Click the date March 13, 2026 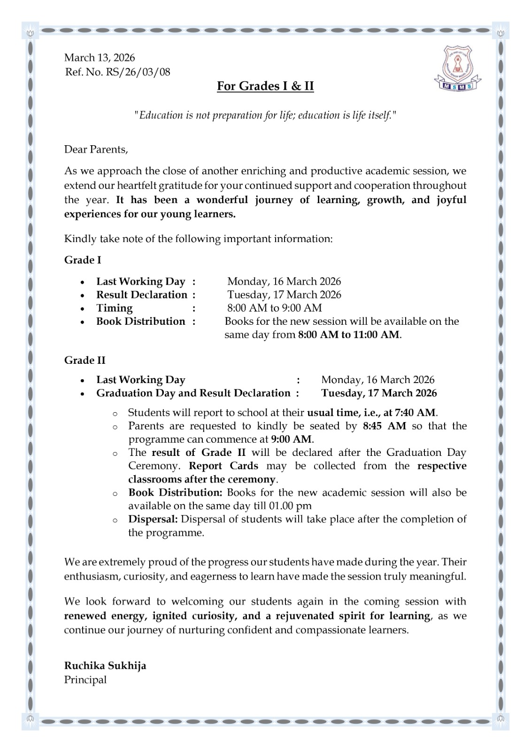[100, 58]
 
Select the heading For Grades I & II [265, 86]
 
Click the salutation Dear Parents [96, 149]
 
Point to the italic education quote [265, 115]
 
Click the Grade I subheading [83, 260]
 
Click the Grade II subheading [85, 360]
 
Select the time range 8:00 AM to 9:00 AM [275, 308]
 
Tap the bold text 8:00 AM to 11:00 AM [349, 335]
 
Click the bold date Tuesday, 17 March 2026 [379, 393]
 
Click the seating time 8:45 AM [385, 426]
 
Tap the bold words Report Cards [223, 466]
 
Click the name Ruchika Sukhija [105, 666]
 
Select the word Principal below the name [85, 680]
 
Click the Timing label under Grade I [115, 308]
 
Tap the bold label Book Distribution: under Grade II [175, 493]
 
